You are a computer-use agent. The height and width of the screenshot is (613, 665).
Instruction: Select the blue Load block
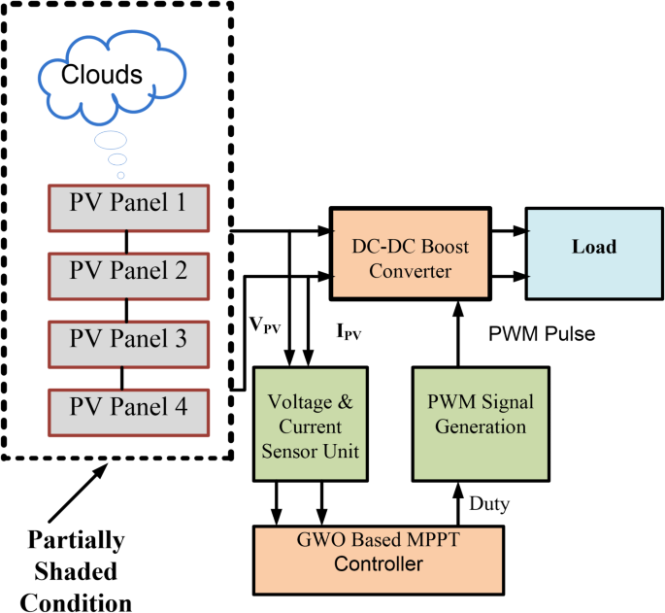point(593,248)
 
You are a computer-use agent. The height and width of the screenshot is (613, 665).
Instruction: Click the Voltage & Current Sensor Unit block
point(311,424)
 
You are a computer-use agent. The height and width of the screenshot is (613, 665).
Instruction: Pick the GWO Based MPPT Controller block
point(380,554)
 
